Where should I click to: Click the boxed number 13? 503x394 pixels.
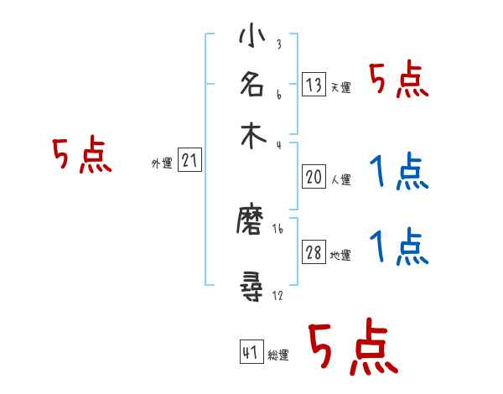314,84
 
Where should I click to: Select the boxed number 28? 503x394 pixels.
314,253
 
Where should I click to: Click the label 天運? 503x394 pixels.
340,87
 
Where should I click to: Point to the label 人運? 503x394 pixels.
340,179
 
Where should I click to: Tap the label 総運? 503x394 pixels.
277,355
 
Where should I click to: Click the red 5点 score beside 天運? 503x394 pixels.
399,81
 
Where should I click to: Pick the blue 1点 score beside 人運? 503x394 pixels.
399,172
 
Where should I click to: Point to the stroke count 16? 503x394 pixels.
277,227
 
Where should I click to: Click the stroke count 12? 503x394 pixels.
277,297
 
